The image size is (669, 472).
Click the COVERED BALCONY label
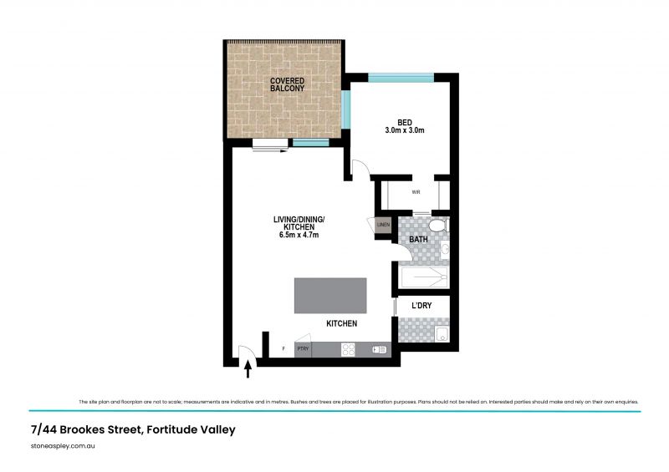[x=285, y=84]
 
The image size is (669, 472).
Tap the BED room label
[x=405, y=123]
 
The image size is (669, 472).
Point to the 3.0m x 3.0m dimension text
[x=405, y=131]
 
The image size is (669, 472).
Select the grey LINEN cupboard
[x=383, y=225]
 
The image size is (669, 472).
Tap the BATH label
[x=418, y=241]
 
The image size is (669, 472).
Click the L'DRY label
[x=421, y=307]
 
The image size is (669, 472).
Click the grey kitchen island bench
[x=329, y=295]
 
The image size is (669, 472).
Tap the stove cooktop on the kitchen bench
[x=348, y=350]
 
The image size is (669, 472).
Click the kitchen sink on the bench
[x=380, y=350]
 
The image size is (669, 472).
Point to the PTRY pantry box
[x=303, y=348]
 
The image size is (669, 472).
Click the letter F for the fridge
[x=283, y=348]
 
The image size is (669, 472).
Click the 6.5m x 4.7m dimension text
[x=299, y=236]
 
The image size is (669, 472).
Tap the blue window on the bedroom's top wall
[x=401, y=78]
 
